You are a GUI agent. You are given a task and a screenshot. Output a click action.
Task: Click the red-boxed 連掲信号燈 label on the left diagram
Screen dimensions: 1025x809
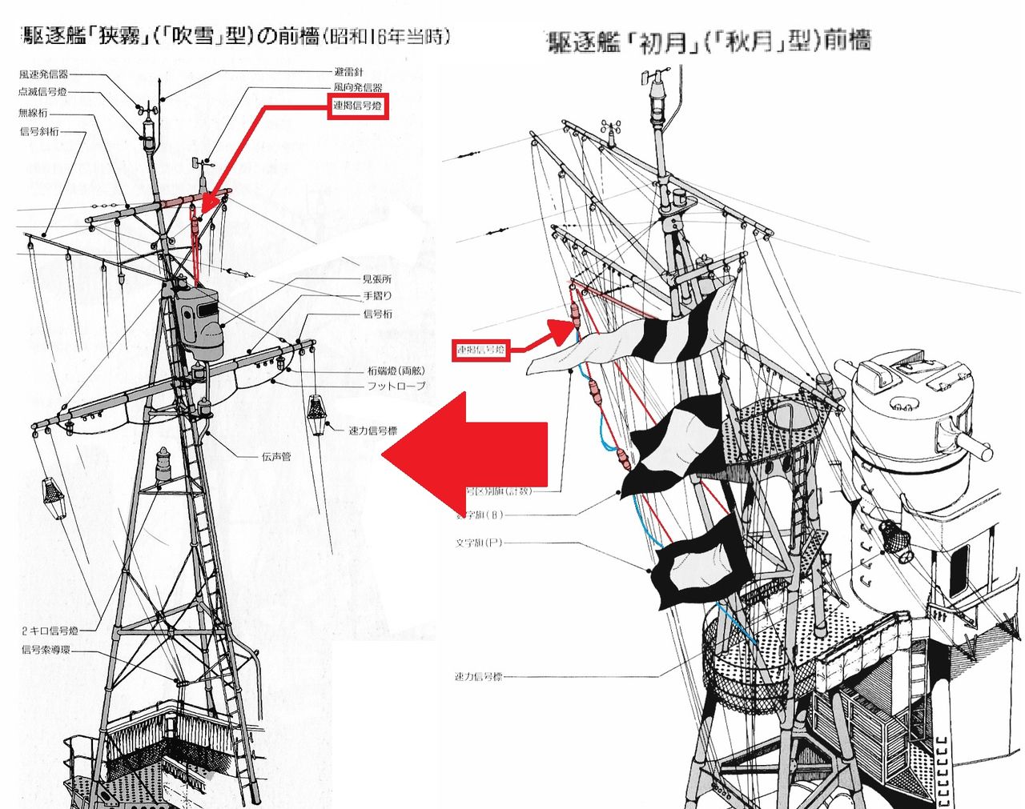coord(358,106)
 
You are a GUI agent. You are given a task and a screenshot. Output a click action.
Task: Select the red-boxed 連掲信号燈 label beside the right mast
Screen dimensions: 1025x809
coord(480,350)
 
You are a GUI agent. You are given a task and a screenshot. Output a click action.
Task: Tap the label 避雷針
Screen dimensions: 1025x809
coord(348,72)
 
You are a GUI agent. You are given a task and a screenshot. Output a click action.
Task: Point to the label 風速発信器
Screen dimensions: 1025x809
coord(43,74)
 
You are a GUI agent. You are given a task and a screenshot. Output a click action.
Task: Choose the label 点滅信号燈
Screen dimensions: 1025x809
coord(43,92)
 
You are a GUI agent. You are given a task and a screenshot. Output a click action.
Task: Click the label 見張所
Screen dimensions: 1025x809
coord(376,279)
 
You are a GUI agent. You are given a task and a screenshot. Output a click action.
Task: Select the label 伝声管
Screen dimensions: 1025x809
coord(276,457)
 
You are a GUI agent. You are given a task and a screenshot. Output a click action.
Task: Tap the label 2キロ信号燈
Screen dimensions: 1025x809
coord(50,631)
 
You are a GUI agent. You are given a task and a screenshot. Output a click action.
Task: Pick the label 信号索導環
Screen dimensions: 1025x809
coord(46,650)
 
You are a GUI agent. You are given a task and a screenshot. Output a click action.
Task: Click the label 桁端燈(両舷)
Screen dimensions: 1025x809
coord(396,371)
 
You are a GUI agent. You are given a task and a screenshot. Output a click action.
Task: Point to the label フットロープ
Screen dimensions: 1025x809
coord(396,386)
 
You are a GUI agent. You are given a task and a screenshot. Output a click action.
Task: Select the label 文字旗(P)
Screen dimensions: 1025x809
coord(479,543)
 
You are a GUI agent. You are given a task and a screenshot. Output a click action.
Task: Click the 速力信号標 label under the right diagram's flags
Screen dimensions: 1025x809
coord(479,677)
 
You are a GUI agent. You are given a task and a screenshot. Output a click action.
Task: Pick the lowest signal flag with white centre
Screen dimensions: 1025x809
coord(701,560)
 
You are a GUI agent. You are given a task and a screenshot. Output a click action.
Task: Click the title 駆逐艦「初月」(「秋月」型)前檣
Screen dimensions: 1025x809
coord(708,41)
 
